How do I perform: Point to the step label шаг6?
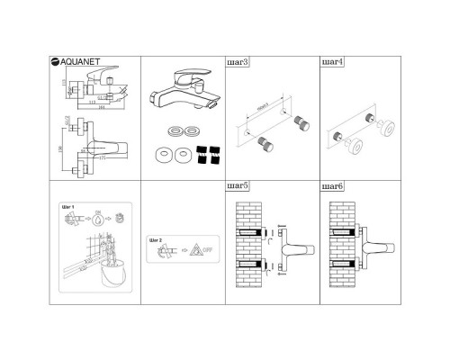point(332,187)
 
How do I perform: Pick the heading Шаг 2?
point(155,242)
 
